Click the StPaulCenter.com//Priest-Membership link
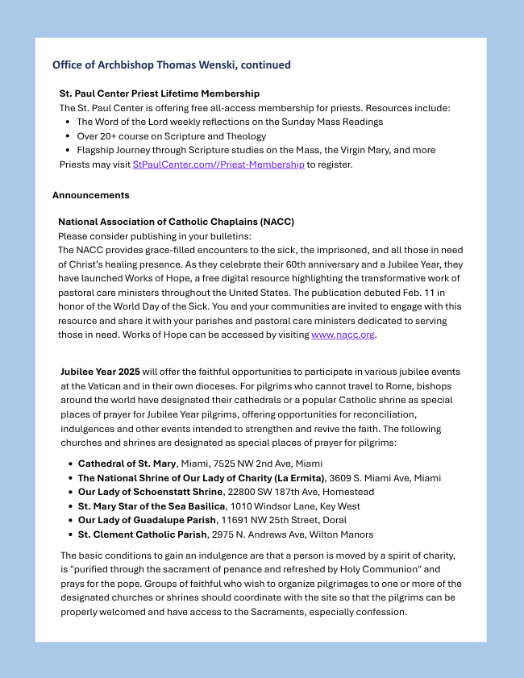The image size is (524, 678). coord(218,164)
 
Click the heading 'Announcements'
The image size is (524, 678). coord(90,195)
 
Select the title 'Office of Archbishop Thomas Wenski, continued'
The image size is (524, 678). coord(172,64)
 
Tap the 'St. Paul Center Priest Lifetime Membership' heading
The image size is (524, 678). coord(160,94)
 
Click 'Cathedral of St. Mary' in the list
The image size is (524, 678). coord(127,464)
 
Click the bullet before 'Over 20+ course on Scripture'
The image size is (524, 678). coord(68,136)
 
